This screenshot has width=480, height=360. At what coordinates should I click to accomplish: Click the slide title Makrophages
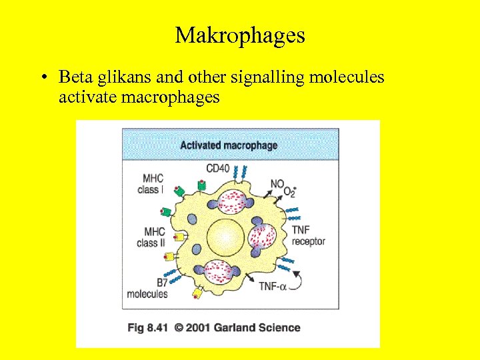(240, 35)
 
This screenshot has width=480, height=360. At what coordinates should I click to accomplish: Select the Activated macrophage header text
(229, 145)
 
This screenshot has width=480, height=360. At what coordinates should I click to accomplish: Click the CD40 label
(217, 169)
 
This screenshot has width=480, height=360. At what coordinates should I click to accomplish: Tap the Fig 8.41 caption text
(147, 327)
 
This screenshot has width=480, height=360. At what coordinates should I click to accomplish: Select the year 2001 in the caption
(203, 327)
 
